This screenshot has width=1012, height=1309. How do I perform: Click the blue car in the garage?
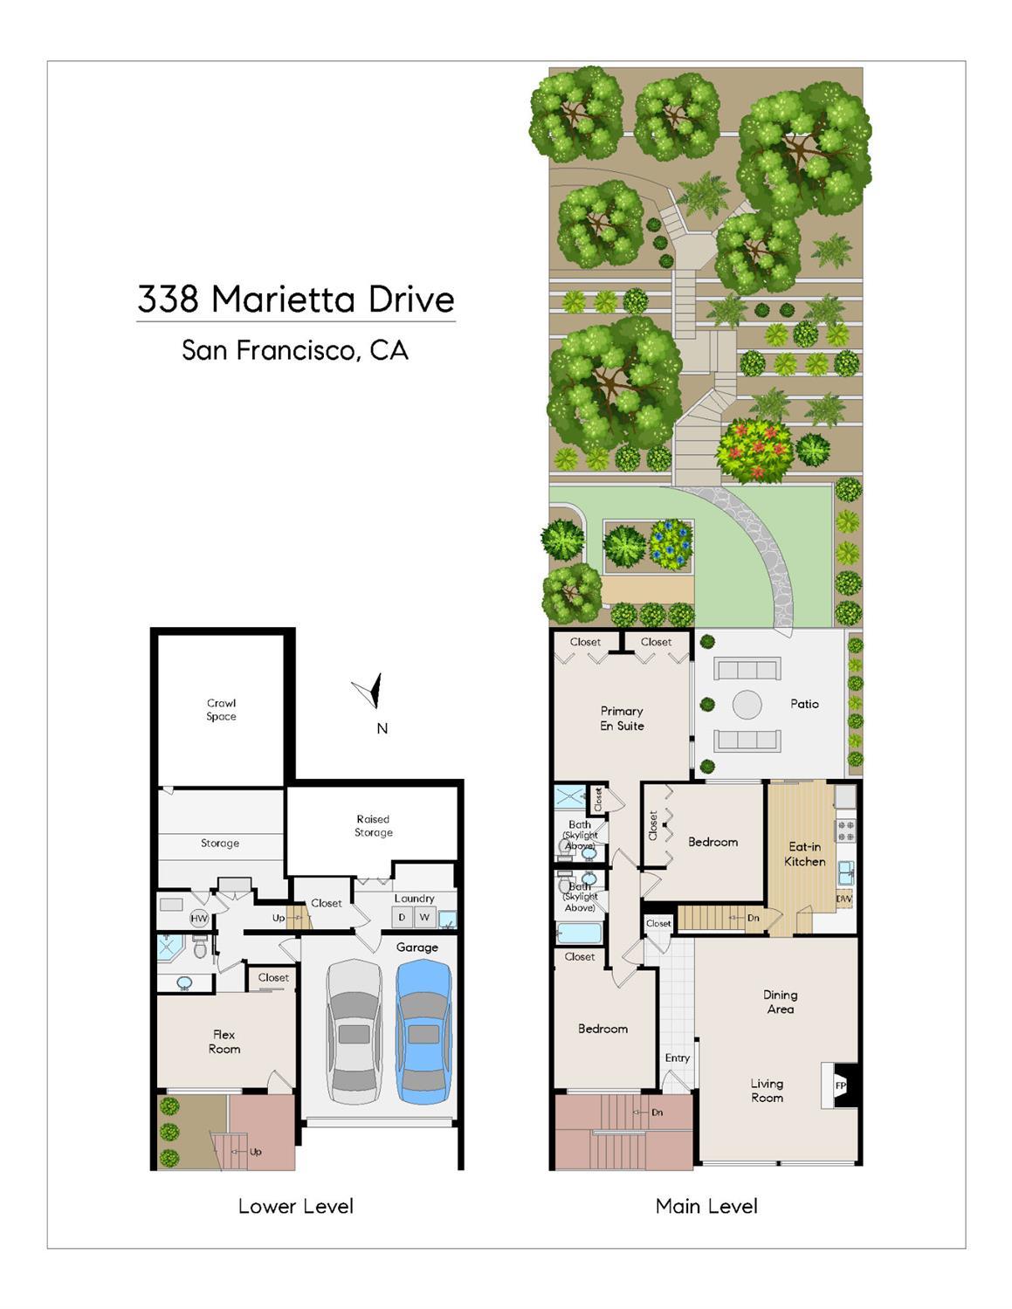coord(423,1032)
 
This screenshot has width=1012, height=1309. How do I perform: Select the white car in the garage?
coord(355,1032)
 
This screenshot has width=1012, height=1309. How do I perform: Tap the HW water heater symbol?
coord(199,918)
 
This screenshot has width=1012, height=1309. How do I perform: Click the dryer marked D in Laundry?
coord(402,917)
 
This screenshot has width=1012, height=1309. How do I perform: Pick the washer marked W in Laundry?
coord(424,917)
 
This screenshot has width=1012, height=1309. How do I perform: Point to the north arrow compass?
coord(368,691)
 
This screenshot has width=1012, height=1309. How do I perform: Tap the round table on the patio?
coord(747,704)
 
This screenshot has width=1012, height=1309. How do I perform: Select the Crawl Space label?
coord(221,710)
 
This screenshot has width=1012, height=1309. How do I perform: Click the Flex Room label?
coord(224,1042)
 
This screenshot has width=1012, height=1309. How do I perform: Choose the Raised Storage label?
coord(374,825)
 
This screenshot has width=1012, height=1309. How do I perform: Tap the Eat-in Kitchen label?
coord(805,854)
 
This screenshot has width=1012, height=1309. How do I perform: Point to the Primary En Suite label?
coord(622,718)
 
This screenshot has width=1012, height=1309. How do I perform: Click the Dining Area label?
coord(781,1002)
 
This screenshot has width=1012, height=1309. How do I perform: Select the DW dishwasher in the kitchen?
coord(844,899)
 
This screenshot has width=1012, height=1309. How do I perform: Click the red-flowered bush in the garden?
coord(754,450)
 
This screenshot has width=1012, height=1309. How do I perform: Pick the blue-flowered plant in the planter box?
coord(671,545)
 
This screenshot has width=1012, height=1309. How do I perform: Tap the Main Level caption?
coord(706,1205)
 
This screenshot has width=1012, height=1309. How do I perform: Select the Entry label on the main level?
coord(678,1058)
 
